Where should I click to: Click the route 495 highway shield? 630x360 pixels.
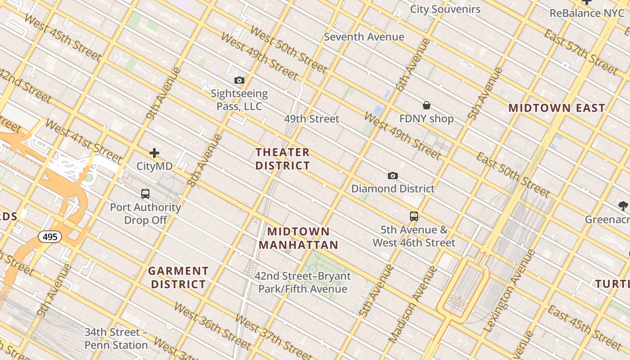pos(49,236)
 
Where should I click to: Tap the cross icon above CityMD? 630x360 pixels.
pos(154,153)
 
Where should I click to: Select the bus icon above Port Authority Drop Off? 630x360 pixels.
pos(145,194)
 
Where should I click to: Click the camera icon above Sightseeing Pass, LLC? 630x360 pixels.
pos(239,81)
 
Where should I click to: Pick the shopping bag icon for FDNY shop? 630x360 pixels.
pos(426,105)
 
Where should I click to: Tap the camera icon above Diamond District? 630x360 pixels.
pos(393,175)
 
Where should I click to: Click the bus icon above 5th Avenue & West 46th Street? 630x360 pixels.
pos(414,216)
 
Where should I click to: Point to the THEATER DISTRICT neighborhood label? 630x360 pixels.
pos(283,159)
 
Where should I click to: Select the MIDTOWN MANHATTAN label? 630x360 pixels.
pos(298,238)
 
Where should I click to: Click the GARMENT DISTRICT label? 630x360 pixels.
pos(178,278)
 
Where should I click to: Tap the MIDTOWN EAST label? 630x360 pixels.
pos(557,108)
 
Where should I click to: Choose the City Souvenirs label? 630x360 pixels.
pos(445,9)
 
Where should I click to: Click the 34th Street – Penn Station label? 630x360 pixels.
pos(116,338)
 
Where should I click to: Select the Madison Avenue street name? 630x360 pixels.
pos(413,304)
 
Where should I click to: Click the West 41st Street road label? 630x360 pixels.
pos(83,141)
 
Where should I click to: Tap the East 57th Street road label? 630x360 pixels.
pos(581,51)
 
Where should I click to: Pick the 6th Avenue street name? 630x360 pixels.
pos(413,65)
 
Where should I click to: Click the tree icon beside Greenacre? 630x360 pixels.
pos(623,206)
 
